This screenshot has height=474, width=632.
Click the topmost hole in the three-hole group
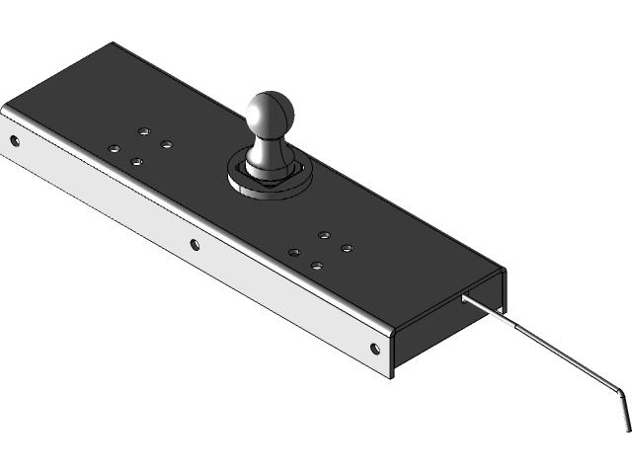(145, 129)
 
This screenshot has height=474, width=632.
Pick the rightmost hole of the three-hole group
(166, 145)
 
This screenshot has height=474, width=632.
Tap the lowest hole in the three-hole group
(136, 160)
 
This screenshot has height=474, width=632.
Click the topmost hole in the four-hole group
(324, 235)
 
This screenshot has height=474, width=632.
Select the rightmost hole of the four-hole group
(347, 247)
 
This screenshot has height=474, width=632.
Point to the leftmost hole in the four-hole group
(294, 253)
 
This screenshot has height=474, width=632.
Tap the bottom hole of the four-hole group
(317, 266)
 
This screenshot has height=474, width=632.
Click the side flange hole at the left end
(14, 140)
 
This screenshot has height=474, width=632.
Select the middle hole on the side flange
(195, 244)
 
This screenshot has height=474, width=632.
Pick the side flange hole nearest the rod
(374, 347)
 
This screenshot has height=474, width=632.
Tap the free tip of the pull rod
(627, 426)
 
